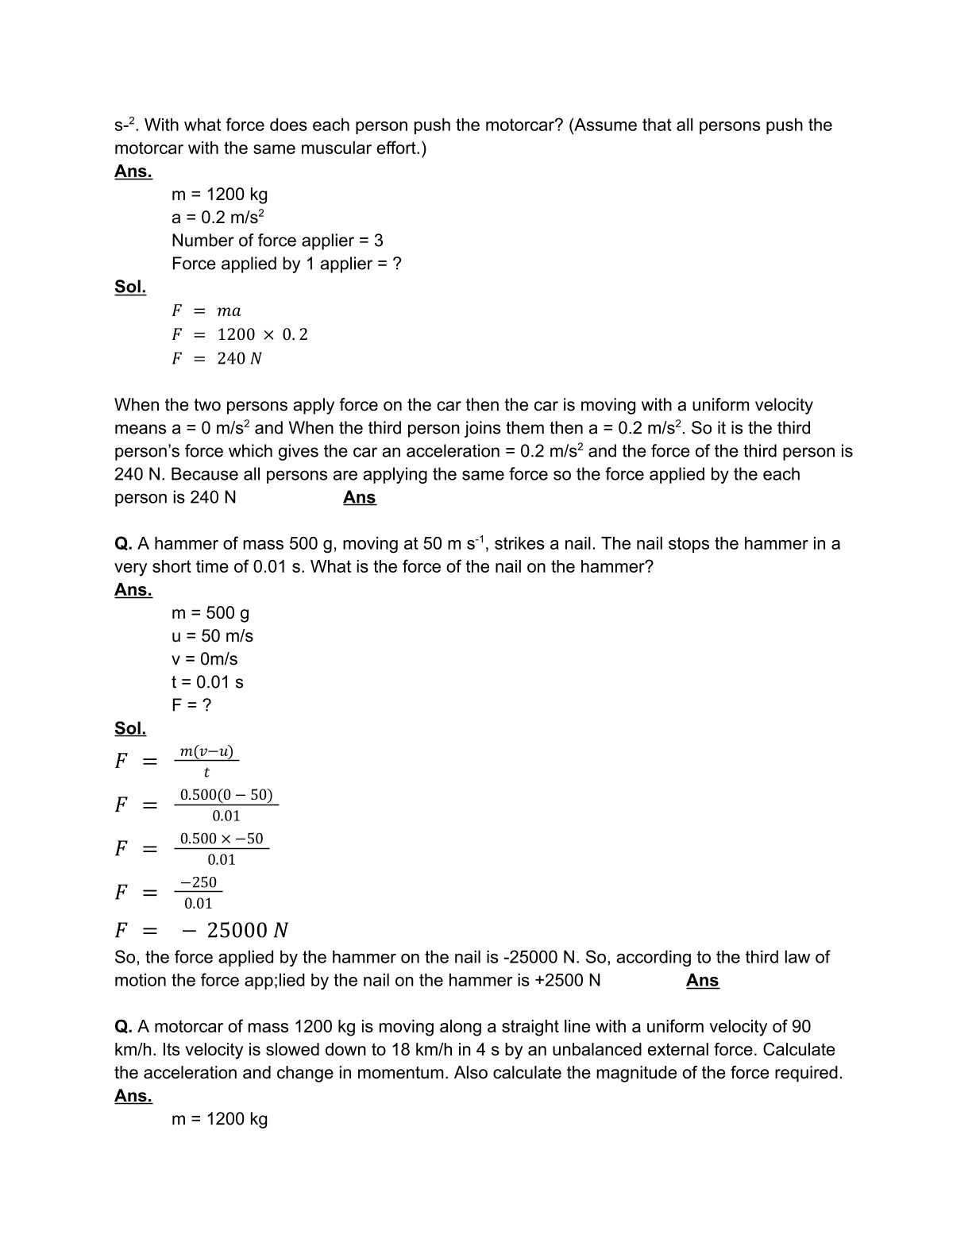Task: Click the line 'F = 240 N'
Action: (216, 358)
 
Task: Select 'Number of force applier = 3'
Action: (277, 241)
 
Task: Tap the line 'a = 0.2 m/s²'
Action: (218, 218)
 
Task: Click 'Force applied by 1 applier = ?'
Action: (286, 264)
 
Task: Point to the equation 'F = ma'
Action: (206, 311)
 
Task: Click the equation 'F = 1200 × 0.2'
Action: (239, 334)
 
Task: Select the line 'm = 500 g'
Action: (210, 613)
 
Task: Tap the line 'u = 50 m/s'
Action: (212, 636)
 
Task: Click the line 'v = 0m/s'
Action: (204, 659)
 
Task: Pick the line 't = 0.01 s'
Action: (207, 682)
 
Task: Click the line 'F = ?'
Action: (191, 705)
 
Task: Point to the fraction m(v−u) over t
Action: (206, 761)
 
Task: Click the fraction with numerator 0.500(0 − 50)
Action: (226, 805)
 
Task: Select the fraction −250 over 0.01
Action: (199, 892)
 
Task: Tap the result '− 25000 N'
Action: (235, 930)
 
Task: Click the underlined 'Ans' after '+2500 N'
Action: (702, 981)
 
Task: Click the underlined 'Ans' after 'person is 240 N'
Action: (359, 498)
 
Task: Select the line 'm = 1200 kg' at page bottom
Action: (219, 1119)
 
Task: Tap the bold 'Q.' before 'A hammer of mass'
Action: (123, 544)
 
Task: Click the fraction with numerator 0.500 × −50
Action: (222, 848)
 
